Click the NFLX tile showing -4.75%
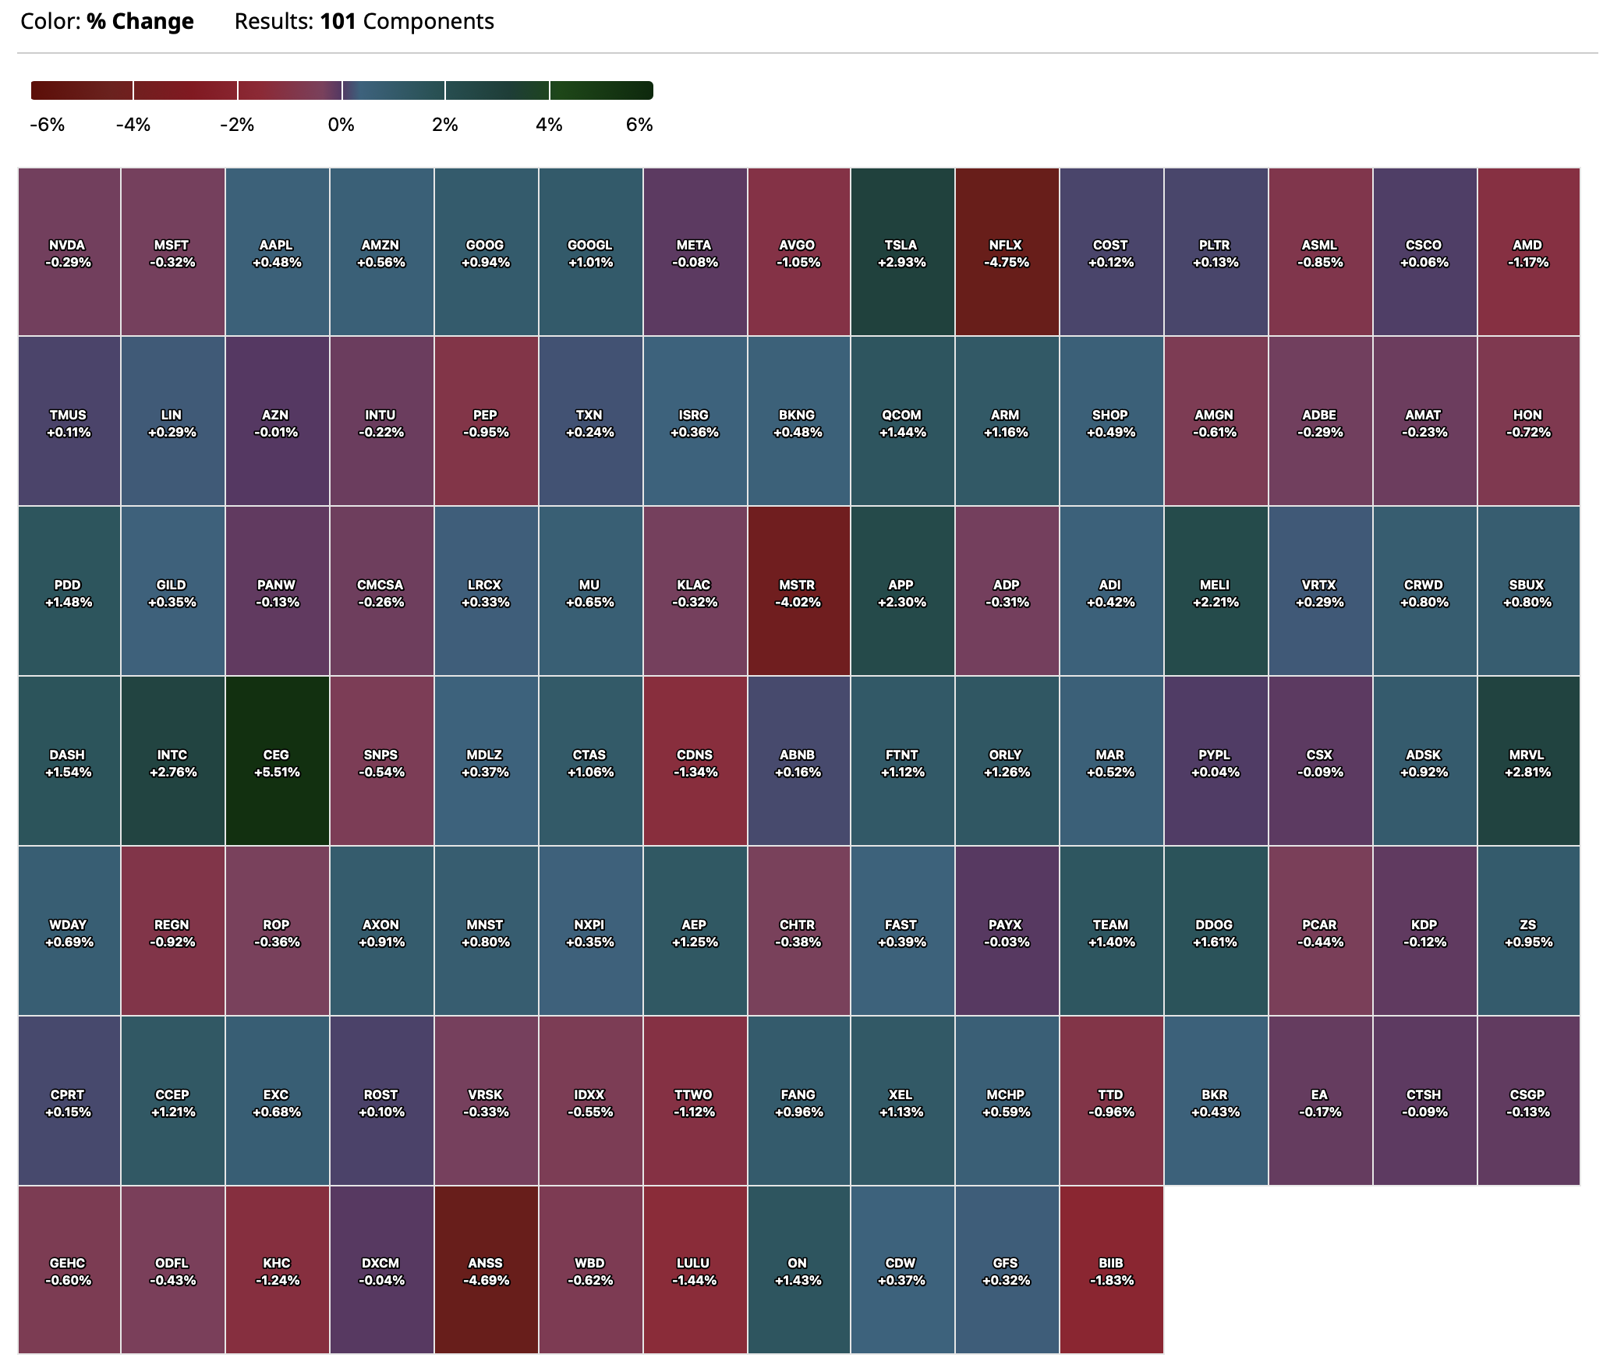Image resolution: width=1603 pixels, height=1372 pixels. [x=1006, y=253]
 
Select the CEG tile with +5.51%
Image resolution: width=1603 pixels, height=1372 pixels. [x=277, y=762]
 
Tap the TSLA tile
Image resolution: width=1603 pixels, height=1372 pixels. [x=902, y=253]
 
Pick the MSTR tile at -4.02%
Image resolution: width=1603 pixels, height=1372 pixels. [x=798, y=592]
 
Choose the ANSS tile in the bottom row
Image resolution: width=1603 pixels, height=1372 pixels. [x=486, y=1271]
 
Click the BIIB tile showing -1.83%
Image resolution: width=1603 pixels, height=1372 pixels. [x=1111, y=1271]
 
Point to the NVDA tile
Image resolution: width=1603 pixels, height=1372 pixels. [x=69, y=253]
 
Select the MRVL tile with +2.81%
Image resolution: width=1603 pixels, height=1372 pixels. [x=1528, y=762]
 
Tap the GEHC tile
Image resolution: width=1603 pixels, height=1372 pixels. [x=69, y=1271]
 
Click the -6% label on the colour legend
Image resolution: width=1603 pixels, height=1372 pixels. [x=47, y=125]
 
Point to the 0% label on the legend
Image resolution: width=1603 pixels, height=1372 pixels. [x=341, y=125]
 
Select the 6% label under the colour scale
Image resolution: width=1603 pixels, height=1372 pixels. [x=639, y=125]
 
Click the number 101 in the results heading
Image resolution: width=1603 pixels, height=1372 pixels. [x=338, y=22]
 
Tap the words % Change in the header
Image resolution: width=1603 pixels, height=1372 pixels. [x=140, y=22]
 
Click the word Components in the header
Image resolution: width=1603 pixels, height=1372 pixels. [x=428, y=22]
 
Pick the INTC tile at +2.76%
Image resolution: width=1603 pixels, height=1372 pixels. [x=172, y=762]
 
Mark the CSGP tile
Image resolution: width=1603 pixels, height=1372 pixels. [x=1528, y=1101]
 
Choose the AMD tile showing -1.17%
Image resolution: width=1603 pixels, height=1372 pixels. [x=1528, y=253]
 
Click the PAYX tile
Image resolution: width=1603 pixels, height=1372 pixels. [x=1006, y=932]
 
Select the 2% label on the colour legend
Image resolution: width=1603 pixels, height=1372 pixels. [x=445, y=125]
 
